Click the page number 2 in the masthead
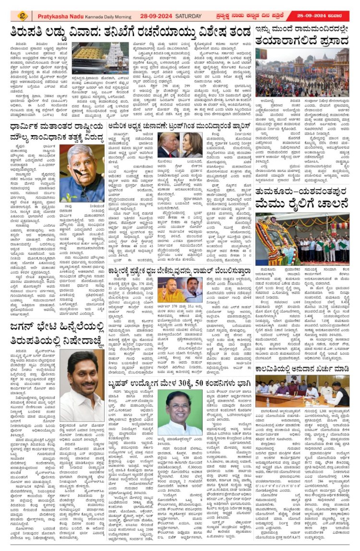pyautogui.click(x=22, y=16)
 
